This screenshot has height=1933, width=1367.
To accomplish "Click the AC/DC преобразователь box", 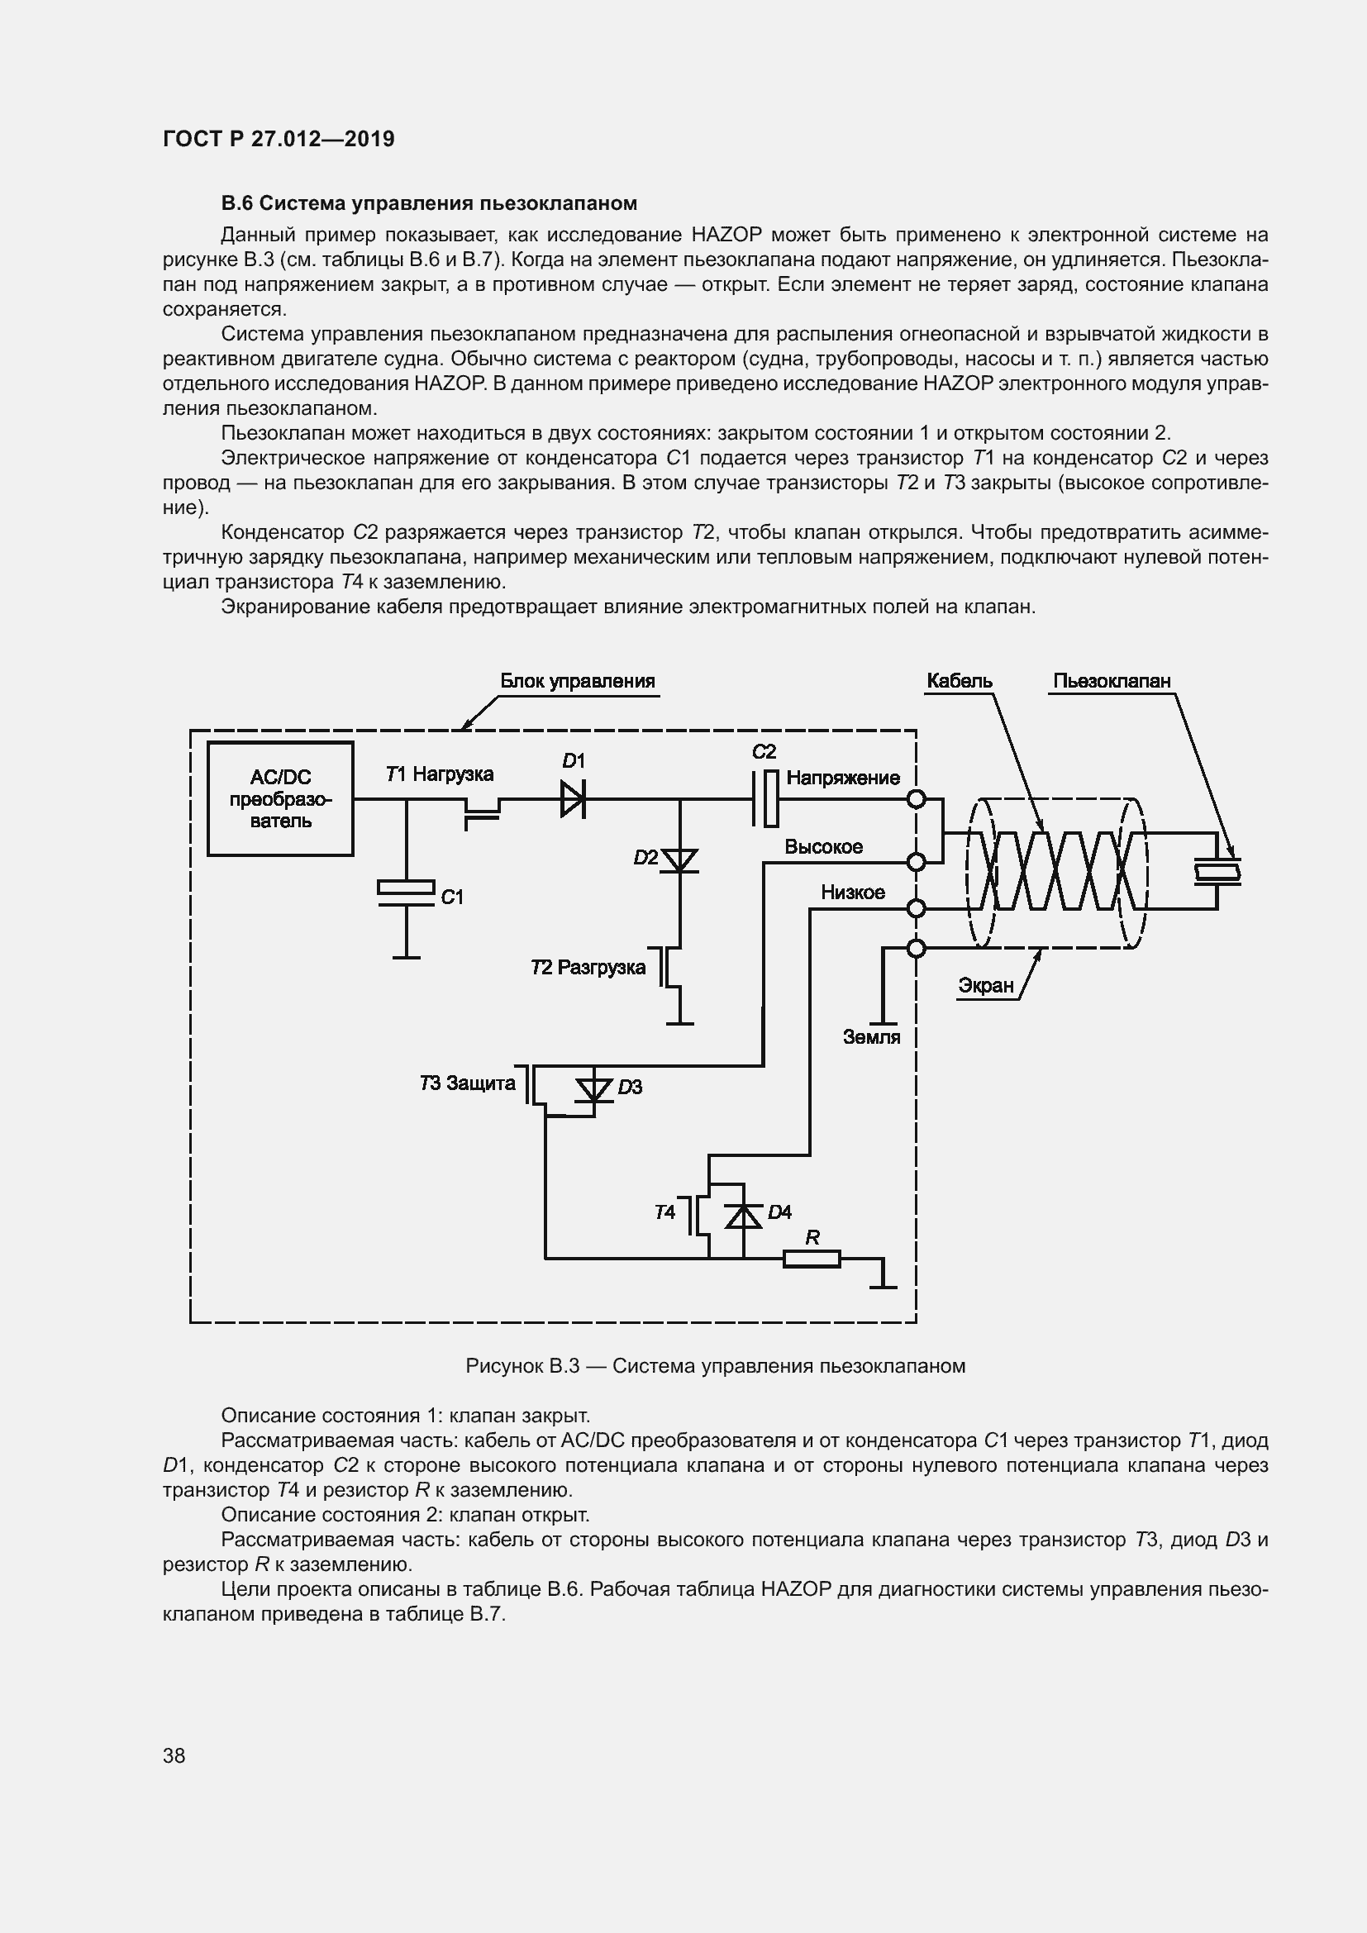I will (280, 798).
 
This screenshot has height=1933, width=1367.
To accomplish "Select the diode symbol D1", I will (573, 798).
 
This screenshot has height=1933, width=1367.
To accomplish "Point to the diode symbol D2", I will (679, 860).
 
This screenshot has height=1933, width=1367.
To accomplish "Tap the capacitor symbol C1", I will (406, 894).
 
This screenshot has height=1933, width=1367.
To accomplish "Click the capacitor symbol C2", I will (765, 798).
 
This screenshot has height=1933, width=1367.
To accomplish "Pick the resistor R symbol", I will (812, 1259).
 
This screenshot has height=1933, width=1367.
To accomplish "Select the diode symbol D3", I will (594, 1090).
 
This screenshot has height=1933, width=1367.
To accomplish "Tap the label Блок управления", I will (578, 681).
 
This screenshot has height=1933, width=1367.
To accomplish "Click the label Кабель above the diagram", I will (959, 681).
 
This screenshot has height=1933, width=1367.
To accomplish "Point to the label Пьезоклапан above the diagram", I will (1111, 681).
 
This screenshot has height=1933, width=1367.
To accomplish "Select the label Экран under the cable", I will (986, 985).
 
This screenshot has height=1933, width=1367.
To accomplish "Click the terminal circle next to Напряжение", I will (916, 798).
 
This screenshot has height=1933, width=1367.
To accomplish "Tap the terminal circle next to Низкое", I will (916, 908).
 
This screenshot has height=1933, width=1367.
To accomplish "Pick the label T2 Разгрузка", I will (588, 968).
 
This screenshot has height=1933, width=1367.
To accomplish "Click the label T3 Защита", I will (467, 1083).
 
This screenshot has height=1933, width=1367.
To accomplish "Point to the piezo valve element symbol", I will (1217, 871).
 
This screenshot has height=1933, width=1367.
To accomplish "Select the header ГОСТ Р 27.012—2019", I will (279, 139).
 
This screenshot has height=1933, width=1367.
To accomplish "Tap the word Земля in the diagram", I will (871, 1037).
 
